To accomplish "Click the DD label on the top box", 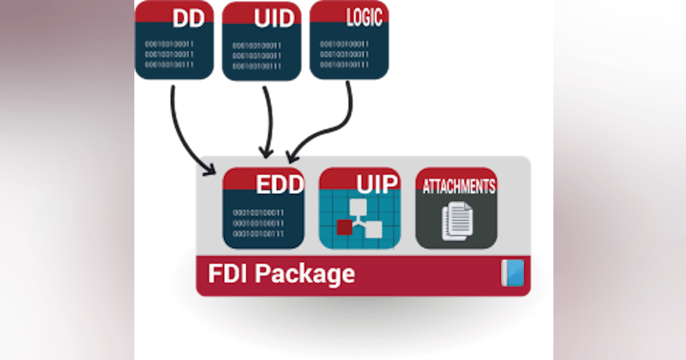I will [189, 18].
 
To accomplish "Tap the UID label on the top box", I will [275, 19].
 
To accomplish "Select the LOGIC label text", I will [364, 18].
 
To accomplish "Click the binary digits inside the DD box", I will [169, 54].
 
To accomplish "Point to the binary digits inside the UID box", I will [257, 56].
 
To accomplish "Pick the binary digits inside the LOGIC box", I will [344, 55].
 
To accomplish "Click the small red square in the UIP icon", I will [345, 227].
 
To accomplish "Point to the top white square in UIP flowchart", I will [358, 208].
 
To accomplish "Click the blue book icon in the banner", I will [512, 273].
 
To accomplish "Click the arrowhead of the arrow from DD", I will [211, 169].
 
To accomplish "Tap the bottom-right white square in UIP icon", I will [373, 230].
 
